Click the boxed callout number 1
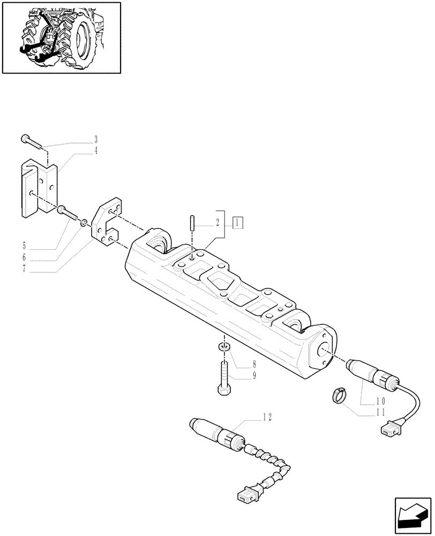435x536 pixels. point(238,221)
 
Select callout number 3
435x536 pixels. point(96,140)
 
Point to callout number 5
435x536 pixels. point(24,247)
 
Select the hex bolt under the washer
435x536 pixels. point(223,378)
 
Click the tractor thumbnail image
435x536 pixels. point(61,37)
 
